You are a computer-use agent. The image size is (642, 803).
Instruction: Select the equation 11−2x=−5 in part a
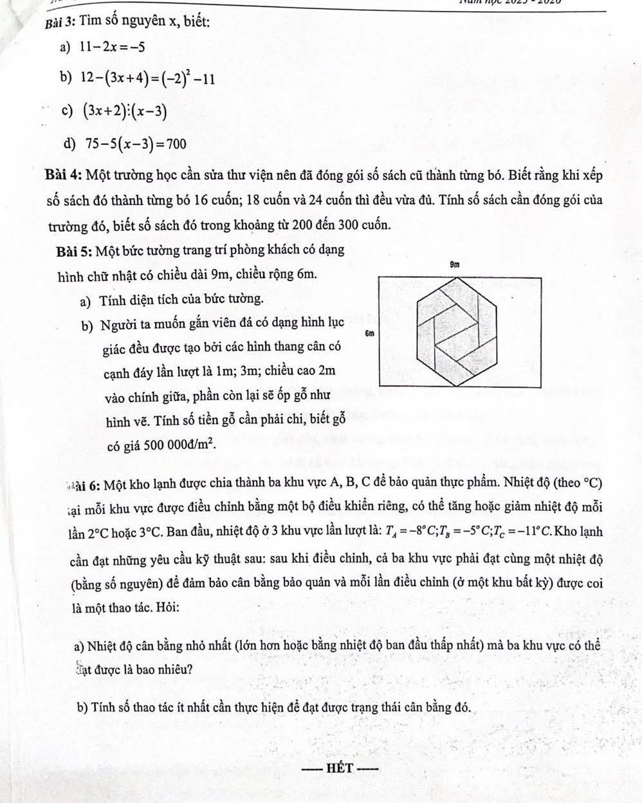click(111, 46)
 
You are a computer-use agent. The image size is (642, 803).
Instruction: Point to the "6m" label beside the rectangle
click(370, 334)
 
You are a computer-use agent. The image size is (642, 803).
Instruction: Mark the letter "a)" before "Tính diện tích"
click(85, 299)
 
